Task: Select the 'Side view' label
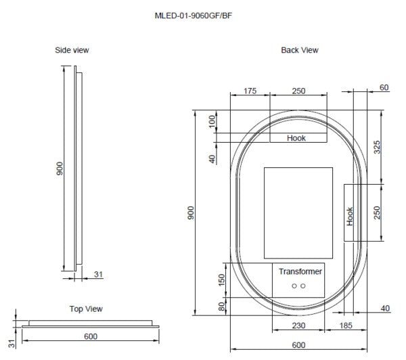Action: coord(72,50)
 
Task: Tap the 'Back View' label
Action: coord(299,50)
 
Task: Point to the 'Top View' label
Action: coord(86,309)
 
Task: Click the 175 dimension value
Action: coord(250,91)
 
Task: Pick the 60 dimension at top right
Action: coord(384,88)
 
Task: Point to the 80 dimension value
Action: coord(221,307)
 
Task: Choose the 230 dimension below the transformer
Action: coord(297,326)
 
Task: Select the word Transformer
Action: coord(300,271)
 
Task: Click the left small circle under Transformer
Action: coord(294,286)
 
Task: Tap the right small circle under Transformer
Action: coord(304,286)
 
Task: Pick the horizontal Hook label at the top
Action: coord(296,138)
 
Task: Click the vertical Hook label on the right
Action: coord(350,216)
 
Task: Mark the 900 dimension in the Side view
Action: coord(60,169)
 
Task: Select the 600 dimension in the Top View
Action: coord(91,336)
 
